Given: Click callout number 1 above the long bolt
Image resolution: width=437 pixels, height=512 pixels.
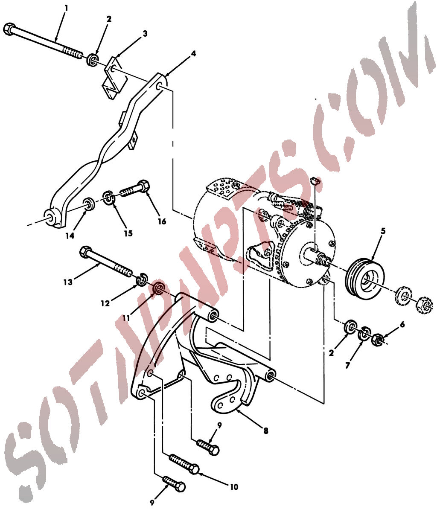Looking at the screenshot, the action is [x=66, y=8].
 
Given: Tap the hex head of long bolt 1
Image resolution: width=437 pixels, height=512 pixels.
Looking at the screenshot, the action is [x=9, y=29].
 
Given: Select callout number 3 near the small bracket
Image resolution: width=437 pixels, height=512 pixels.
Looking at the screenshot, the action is [x=146, y=33].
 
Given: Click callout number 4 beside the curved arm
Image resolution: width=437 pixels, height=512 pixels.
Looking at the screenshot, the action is [x=193, y=53].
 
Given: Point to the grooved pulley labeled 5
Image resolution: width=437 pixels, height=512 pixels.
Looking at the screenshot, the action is [x=364, y=280].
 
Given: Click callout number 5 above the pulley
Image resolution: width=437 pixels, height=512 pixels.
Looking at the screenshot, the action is [x=383, y=231].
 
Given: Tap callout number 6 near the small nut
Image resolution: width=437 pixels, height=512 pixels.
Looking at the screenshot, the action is [x=402, y=324].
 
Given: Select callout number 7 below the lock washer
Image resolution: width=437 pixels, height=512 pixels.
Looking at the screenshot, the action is [x=347, y=366].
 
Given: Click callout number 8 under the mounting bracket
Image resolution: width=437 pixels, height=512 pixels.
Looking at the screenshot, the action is [x=266, y=431].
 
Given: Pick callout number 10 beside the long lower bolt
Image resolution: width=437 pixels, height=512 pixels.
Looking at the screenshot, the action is [x=234, y=487].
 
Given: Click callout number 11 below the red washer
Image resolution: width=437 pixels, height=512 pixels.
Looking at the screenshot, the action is [x=126, y=318].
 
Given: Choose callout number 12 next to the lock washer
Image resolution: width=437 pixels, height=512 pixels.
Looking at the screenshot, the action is [x=105, y=303].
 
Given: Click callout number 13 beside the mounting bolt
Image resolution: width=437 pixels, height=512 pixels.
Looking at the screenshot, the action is [x=68, y=282].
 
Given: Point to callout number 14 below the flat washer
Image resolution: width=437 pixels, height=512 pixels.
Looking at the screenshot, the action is [x=70, y=236].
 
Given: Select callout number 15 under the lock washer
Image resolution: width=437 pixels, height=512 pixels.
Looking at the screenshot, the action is [x=128, y=233].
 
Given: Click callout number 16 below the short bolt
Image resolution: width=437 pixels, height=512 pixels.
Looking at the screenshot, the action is [x=162, y=221].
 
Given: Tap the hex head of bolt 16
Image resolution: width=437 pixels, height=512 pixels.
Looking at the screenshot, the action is [x=143, y=186].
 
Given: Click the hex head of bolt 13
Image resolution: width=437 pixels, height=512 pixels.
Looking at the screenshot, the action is [x=86, y=251].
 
